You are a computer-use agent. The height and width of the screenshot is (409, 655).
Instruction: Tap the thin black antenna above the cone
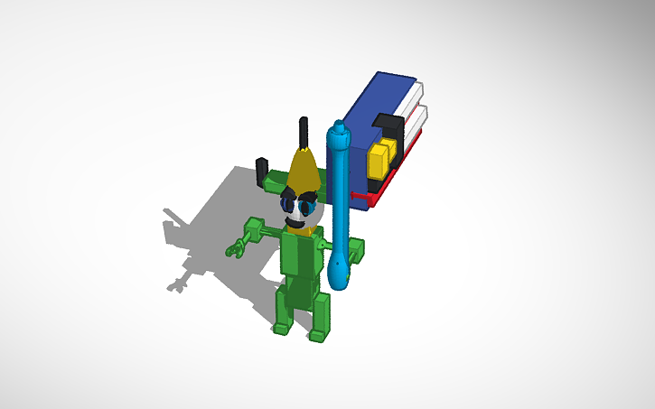pos(304,131)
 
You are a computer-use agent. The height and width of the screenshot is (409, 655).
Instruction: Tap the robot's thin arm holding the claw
pos(262,233)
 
